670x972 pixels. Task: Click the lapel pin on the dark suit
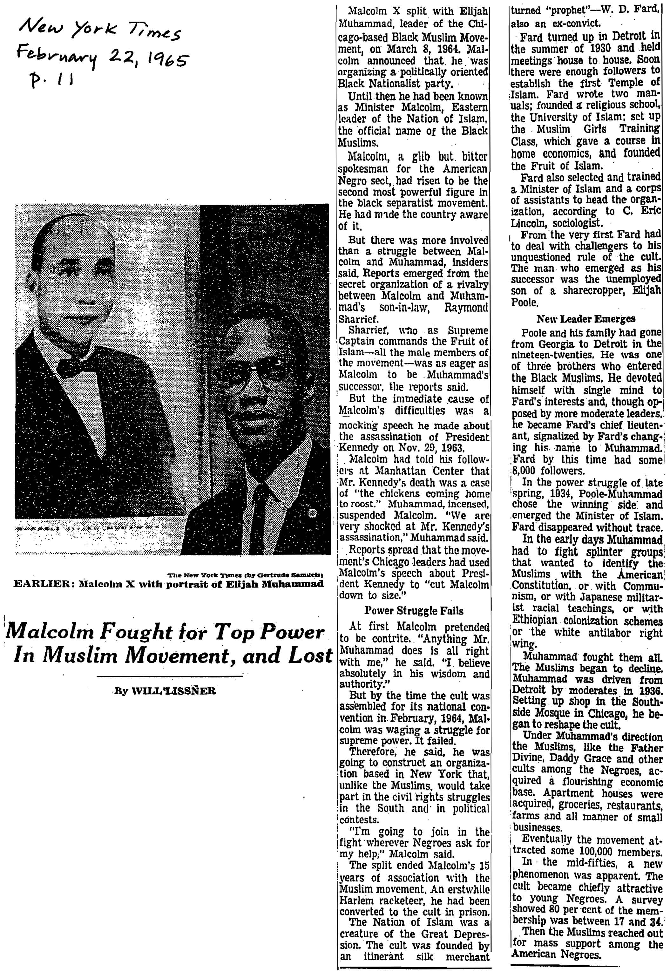pos(311,513)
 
